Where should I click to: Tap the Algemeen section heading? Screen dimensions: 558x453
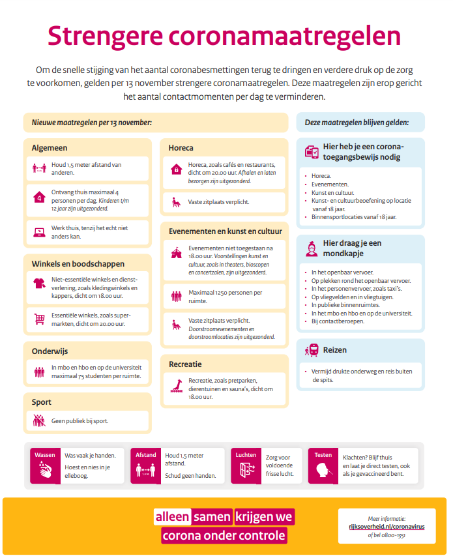coord(50,148)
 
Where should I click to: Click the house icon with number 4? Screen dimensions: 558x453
coord(39,197)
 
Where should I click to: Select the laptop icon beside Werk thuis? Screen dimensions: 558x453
coord(39,231)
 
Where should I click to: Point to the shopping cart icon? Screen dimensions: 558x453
coord(39,319)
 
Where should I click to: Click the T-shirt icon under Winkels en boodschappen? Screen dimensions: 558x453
coord(39,284)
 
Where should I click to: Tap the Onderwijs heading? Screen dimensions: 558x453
coord(50,351)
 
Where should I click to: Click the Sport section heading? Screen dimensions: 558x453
coord(41,402)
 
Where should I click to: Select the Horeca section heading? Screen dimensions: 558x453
coord(181,148)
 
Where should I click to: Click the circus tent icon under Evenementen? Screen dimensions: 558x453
coord(175,252)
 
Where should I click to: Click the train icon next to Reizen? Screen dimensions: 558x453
coord(311,350)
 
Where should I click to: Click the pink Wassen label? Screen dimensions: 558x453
coord(45,454)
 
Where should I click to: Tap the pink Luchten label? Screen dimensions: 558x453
coord(246,454)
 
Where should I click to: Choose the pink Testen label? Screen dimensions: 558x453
coord(323,454)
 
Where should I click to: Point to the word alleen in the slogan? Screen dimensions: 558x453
coord(172,517)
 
